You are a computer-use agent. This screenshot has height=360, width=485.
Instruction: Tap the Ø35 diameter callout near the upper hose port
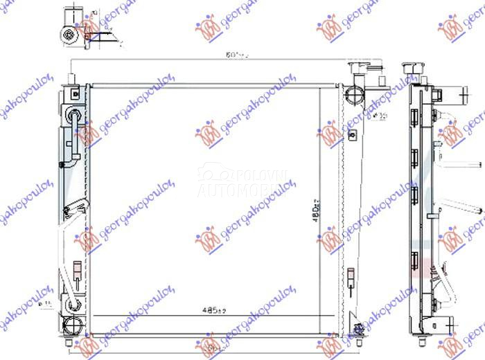(x=379, y=116)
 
